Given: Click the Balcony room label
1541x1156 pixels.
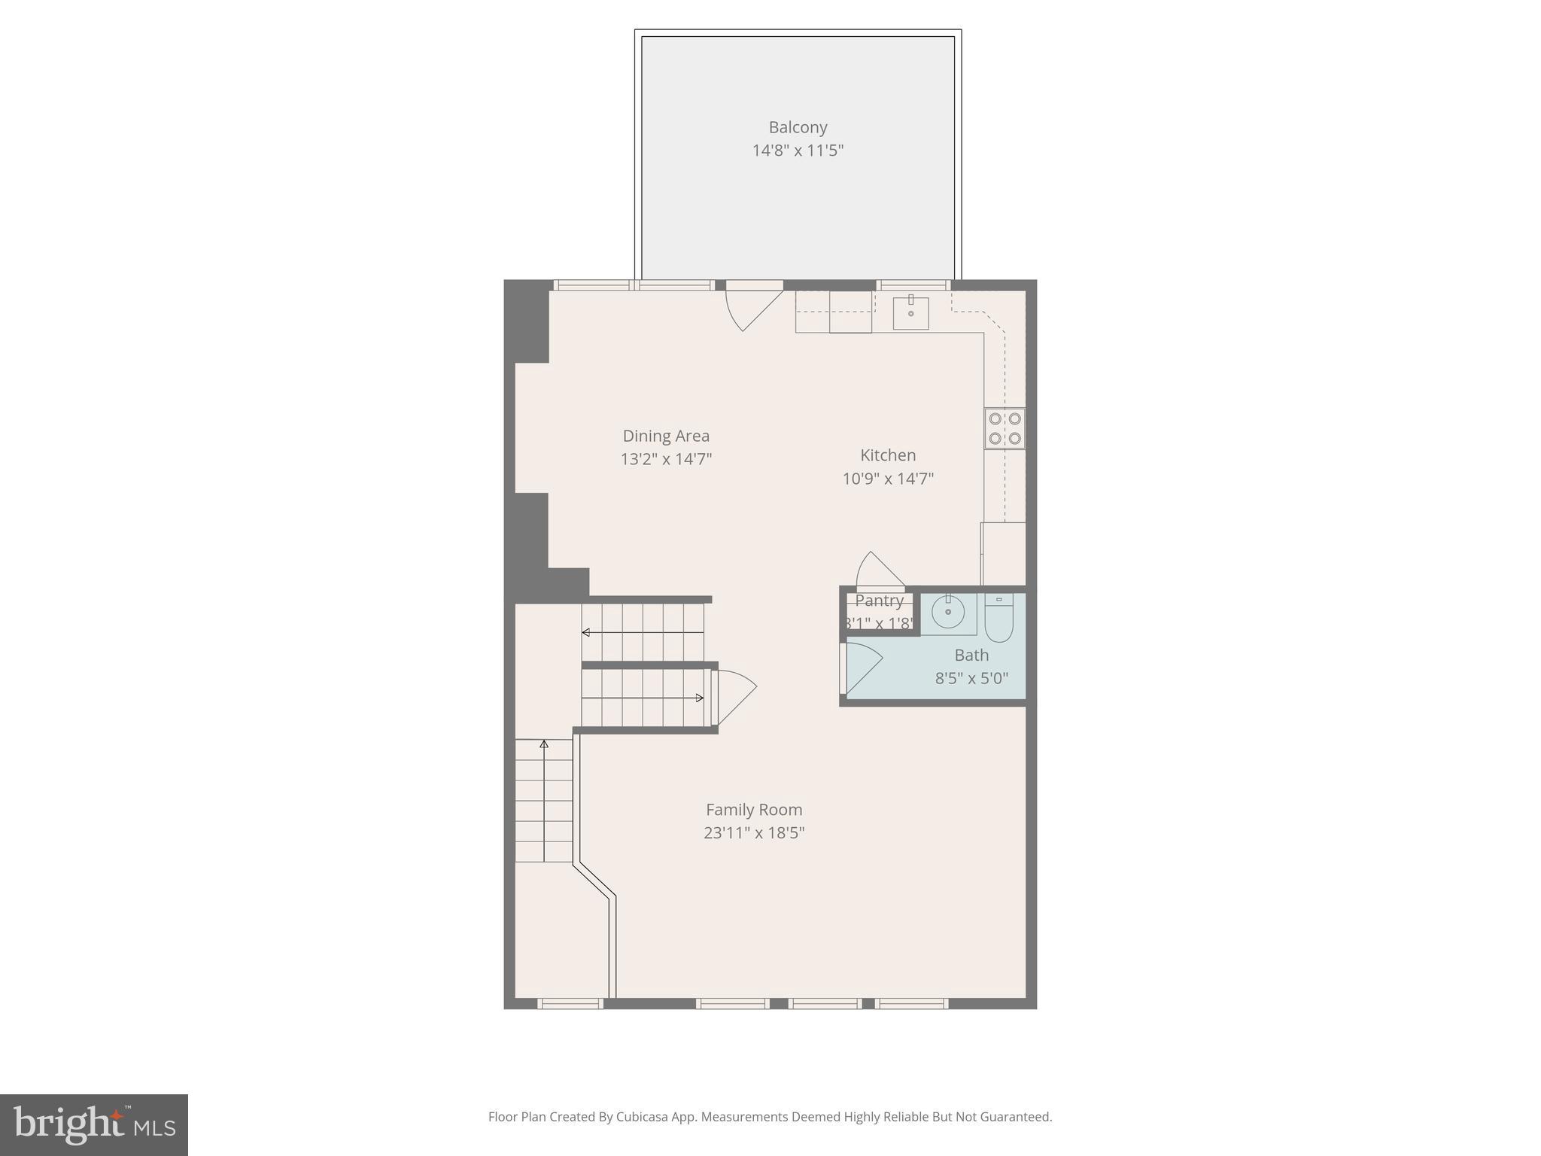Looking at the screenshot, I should click(x=798, y=127).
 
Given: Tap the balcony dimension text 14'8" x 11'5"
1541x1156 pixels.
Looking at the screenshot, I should click(x=798, y=151).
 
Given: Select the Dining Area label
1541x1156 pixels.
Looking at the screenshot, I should click(x=666, y=436).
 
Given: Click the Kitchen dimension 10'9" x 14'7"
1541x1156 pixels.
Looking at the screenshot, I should click(x=888, y=479).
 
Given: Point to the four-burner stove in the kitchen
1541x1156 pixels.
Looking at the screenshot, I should click(x=1005, y=428).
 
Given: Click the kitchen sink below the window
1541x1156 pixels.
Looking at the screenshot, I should click(x=910, y=313).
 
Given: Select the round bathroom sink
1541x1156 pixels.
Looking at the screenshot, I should click(x=948, y=613).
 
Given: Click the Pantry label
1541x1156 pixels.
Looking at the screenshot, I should click(x=879, y=601).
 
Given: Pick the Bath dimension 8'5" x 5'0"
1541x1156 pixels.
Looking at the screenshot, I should click(x=971, y=678).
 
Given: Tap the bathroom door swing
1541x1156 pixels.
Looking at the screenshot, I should click(x=862, y=666).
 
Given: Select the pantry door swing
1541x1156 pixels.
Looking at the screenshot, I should click(x=879, y=570).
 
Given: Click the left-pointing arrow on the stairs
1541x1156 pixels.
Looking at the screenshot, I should click(x=586, y=632).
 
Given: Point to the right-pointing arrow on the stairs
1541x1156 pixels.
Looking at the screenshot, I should click(x=699, y=698).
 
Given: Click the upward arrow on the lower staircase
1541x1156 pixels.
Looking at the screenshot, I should click(x=544, y=745).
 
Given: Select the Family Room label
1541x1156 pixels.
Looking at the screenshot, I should click(x=754, y=810).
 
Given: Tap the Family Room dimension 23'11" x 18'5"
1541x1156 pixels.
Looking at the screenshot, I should click(x=754, y=833).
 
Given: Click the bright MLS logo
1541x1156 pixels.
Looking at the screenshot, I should click(x=94, y=1124).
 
